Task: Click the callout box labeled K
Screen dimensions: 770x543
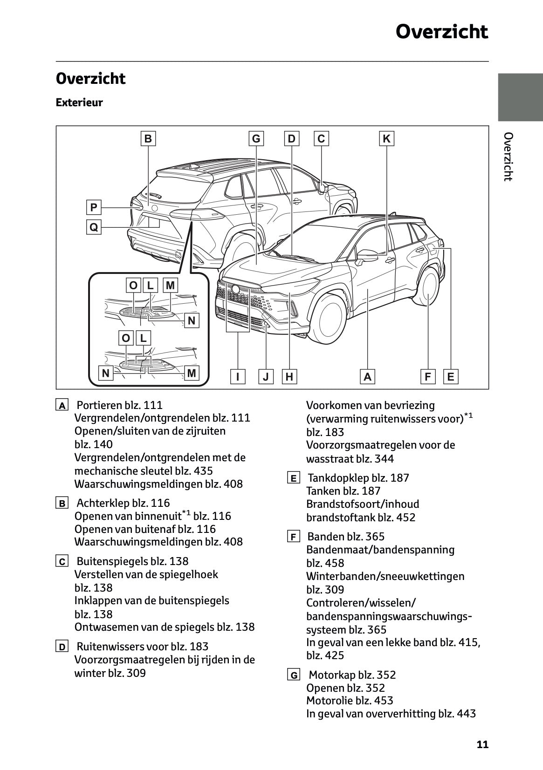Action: (386, 139)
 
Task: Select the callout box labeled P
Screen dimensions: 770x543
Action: (94, 207)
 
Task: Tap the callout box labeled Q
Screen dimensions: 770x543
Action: (94, 227)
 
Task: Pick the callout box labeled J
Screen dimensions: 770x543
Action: (266, 376)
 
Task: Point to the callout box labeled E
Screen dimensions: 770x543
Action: (451, 376)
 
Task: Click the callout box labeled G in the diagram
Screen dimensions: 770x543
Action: (256, 139)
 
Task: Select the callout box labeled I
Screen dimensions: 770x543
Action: (238, 376)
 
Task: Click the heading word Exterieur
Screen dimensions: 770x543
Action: (79, 102)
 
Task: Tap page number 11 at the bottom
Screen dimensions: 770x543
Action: (482, 744)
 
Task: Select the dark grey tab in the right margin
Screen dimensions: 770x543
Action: (520, 97)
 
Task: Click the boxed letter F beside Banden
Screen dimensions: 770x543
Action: (293, 537)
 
